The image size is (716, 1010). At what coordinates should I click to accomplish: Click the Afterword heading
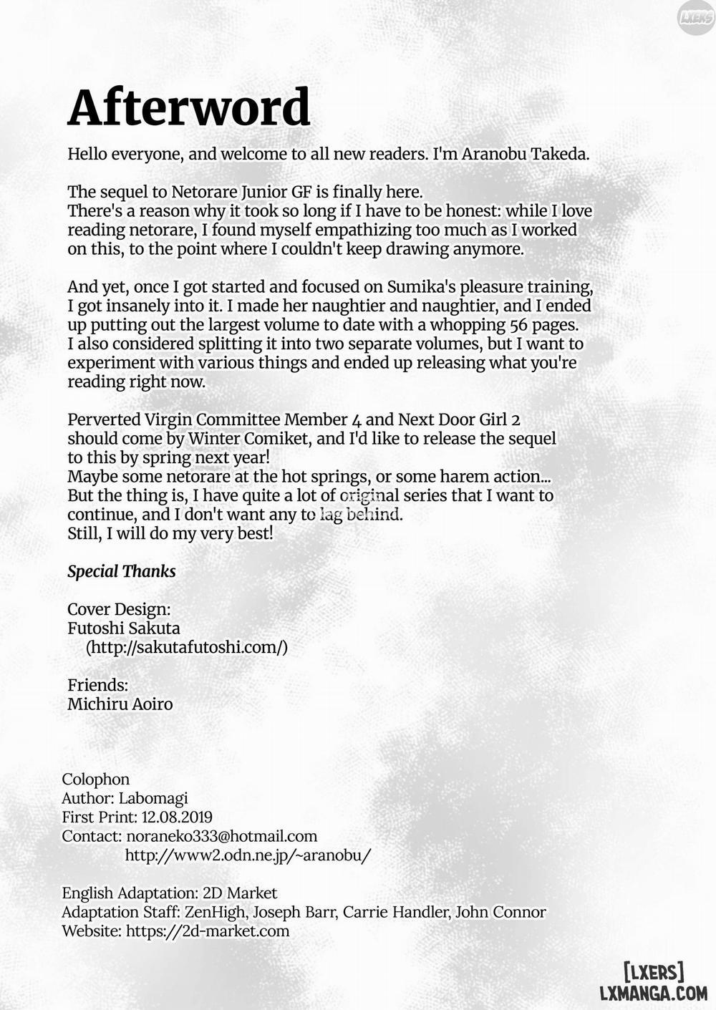[x=189, y=107]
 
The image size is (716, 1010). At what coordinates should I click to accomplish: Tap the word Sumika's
[x=422, y=287]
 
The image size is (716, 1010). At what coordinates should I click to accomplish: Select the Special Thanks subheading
[x=121, y=571]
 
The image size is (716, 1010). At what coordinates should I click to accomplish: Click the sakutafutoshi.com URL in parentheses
[x=187, y=647]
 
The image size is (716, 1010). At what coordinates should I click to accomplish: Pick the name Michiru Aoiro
[x=120, y=704]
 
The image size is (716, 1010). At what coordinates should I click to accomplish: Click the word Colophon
[x=96, y=780]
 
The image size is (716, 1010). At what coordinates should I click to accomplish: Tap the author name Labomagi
[x=153, y=798]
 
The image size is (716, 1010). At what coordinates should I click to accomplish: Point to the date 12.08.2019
[x=177, y=817]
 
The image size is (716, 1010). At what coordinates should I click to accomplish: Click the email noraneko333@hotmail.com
[x=221, y=836]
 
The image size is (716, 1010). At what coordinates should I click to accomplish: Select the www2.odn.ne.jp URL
[x=248, y=855]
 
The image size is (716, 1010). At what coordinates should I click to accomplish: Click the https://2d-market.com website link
[x=208, y=931]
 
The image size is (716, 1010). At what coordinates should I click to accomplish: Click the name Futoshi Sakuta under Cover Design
[x=124, y=628]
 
